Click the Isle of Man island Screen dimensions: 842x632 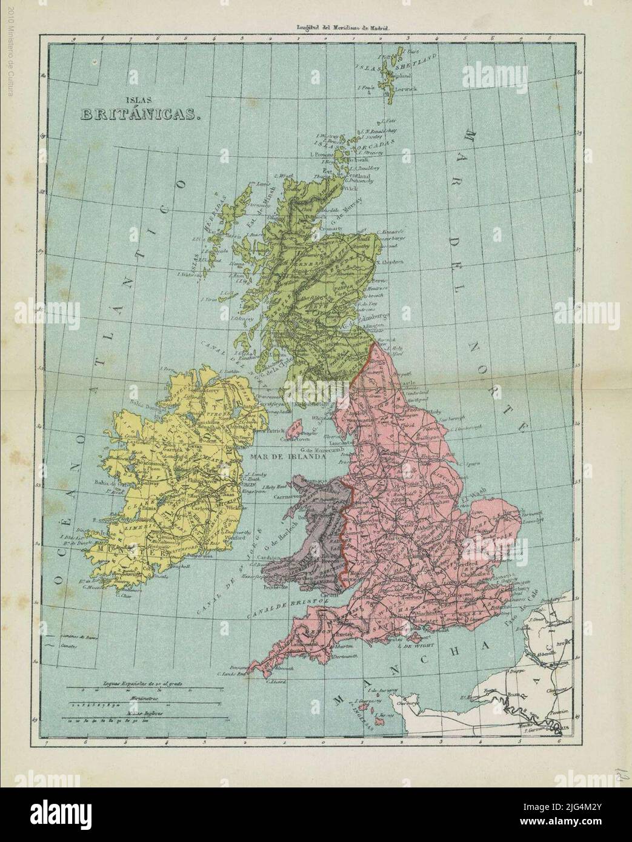[294, 431]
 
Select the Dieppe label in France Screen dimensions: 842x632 [525, 671]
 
